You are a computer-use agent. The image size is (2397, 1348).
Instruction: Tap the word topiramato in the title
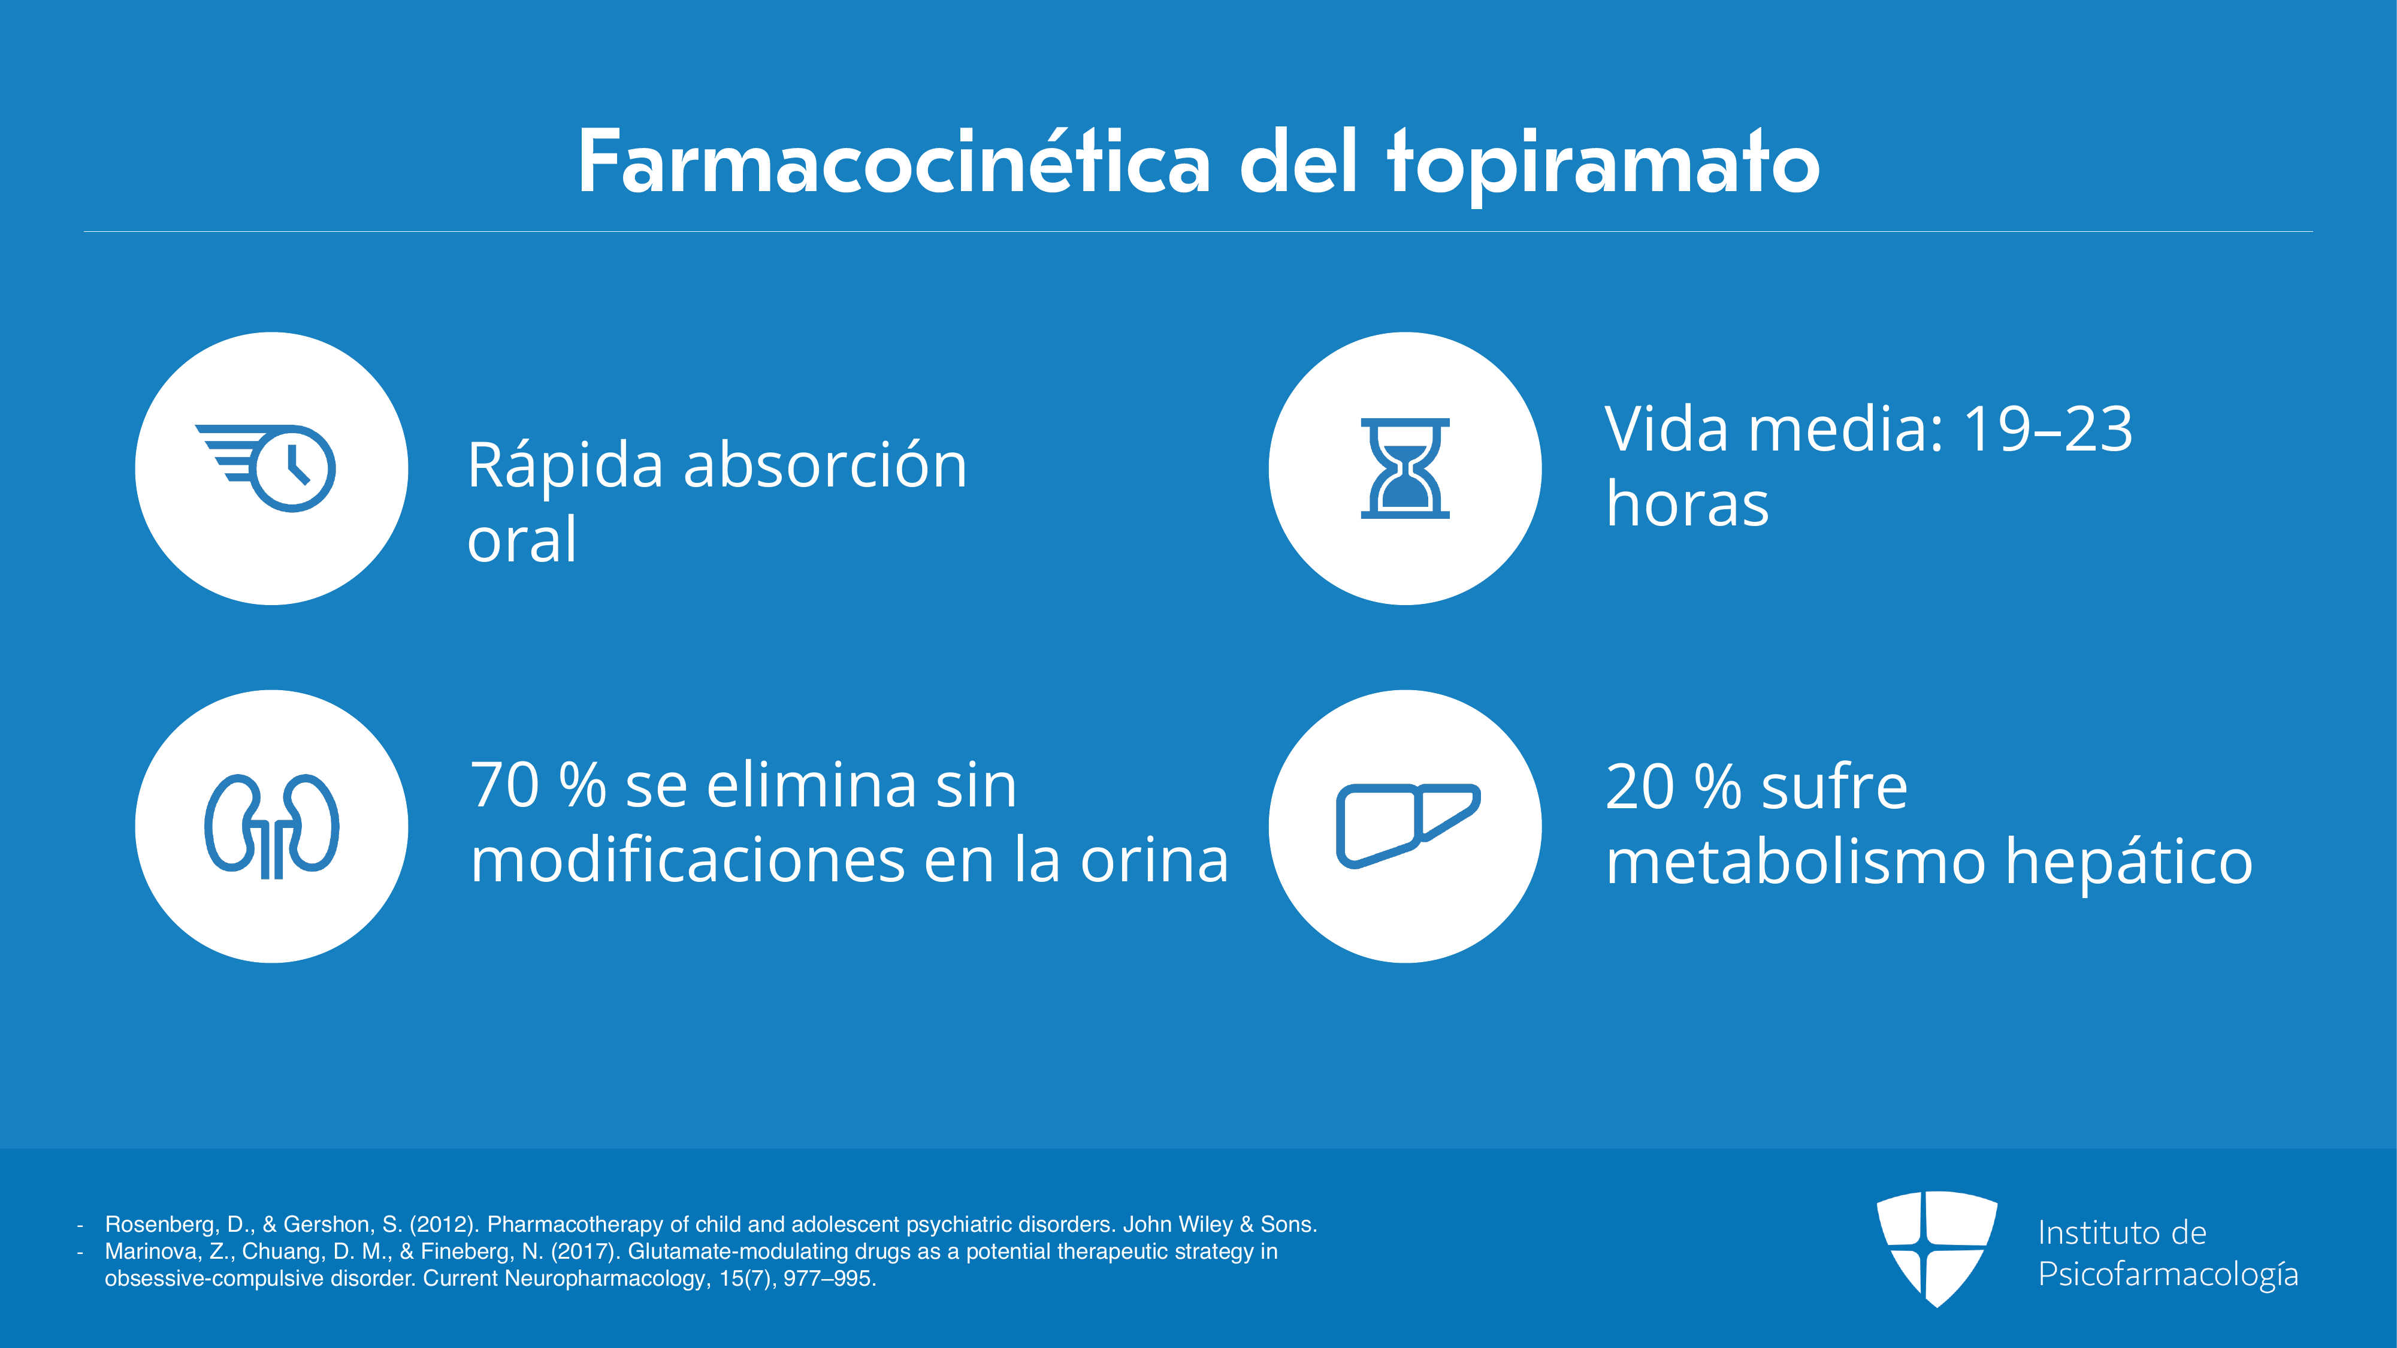[x=1603, y=168]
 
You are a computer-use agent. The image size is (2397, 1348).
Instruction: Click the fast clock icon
[x=265, y=468]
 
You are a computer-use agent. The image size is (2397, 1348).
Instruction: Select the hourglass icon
[x=1405, y=468]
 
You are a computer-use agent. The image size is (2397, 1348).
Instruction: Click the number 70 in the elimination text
[x=505, y=785]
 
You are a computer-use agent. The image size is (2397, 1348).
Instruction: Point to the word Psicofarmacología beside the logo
[x=2168, y=1274]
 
